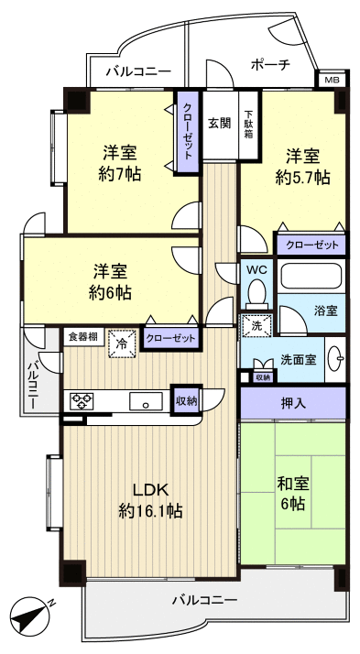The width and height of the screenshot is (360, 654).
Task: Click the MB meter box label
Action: pyautogui.click(x=332, y=81)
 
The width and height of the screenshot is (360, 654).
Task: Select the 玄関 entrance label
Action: pyautogui.click(x=218, y=124)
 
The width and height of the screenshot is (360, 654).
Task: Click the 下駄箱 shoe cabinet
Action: pyautogui.click(x=248, y=124)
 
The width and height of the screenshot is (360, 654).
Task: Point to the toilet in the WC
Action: pyautogui.click(x=256, y=292)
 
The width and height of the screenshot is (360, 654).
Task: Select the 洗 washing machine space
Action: pyautogui.click(x=251, y=323)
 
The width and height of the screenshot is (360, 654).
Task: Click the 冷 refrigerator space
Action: pyautogui.click(x=122, y=343)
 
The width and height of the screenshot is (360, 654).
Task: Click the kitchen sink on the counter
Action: pyautogui.click(x=143, y=400)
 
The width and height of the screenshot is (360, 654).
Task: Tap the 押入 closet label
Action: pyautogui.click(x=293, y=402)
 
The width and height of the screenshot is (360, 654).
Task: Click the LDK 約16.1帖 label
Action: pyautogui.click(x=149, y=498)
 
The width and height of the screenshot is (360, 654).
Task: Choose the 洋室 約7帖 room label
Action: pyautogui.click(x=121, y=162)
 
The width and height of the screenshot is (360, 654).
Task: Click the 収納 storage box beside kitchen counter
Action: pyautogui.click(x=186, y=399)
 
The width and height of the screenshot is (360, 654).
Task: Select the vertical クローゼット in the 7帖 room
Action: pyautogui.click(x=188, y=132)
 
